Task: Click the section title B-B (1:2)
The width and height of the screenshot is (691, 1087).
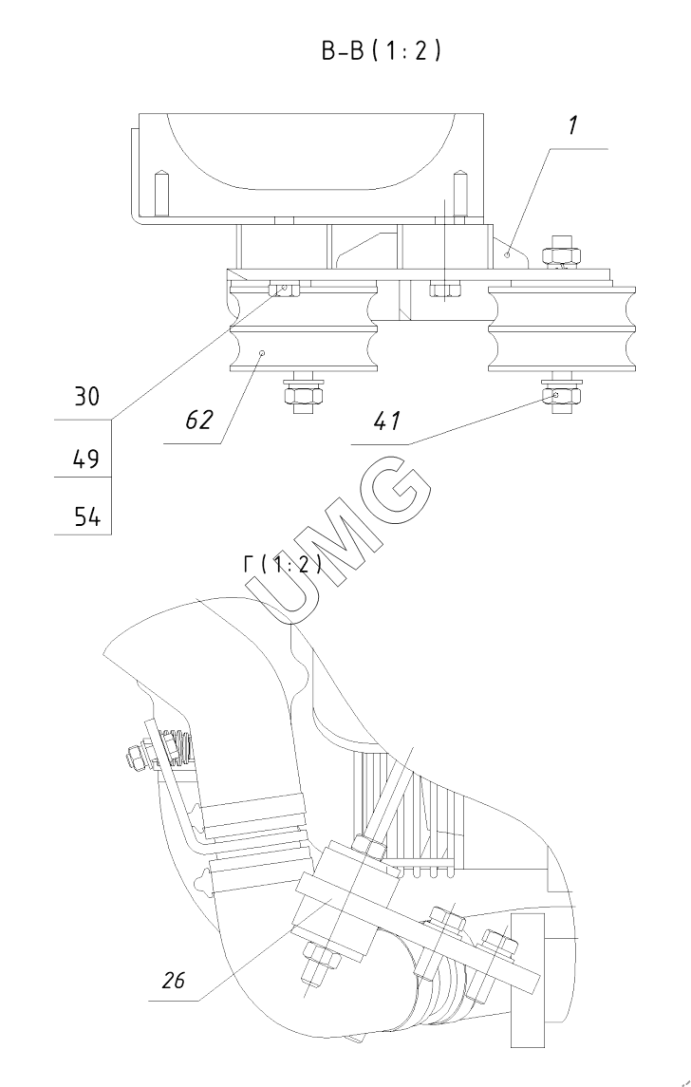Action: [381, 50]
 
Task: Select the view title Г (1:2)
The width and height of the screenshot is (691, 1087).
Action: [283, 564]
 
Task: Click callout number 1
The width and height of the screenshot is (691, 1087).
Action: [572, 126]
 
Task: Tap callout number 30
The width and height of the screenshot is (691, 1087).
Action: [86, 397]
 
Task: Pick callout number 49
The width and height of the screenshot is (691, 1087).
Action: [86, 459]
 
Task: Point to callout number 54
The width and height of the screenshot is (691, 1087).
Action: [86, 517]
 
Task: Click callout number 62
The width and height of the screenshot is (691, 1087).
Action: [199, 421]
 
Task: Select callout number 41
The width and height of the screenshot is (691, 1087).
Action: [386, 421]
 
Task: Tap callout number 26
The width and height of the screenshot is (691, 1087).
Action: [174, 981]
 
